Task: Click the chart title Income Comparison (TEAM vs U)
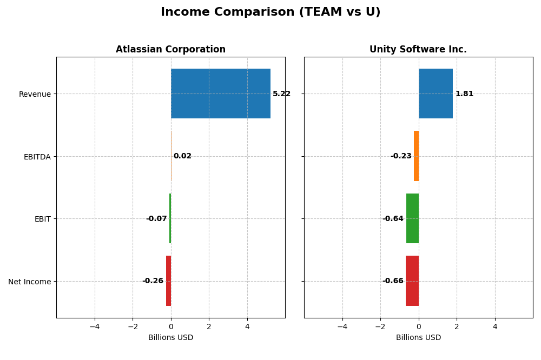[270, 12]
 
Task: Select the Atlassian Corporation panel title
[170, 50]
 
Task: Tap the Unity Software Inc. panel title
[418, 50]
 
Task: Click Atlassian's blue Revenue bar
[221, 94]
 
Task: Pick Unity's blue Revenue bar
[436, 94]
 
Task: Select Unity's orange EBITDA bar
[416, 156]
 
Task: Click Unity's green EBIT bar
[412, 218]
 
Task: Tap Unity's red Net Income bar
[412, 281]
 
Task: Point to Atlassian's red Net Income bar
[168, 281]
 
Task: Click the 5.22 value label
[281, 94]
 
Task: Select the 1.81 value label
[464, 94]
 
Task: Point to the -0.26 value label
[153, 281]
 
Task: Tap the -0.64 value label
[393, 219]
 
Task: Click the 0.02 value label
[182, 156]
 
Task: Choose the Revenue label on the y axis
[35, 95]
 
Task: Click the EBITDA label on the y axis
[37, 157]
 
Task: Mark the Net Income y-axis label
[29, 282]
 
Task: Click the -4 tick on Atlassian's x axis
[95, 326]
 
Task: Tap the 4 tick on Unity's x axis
[494, 326]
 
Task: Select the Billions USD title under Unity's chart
[418, 338]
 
